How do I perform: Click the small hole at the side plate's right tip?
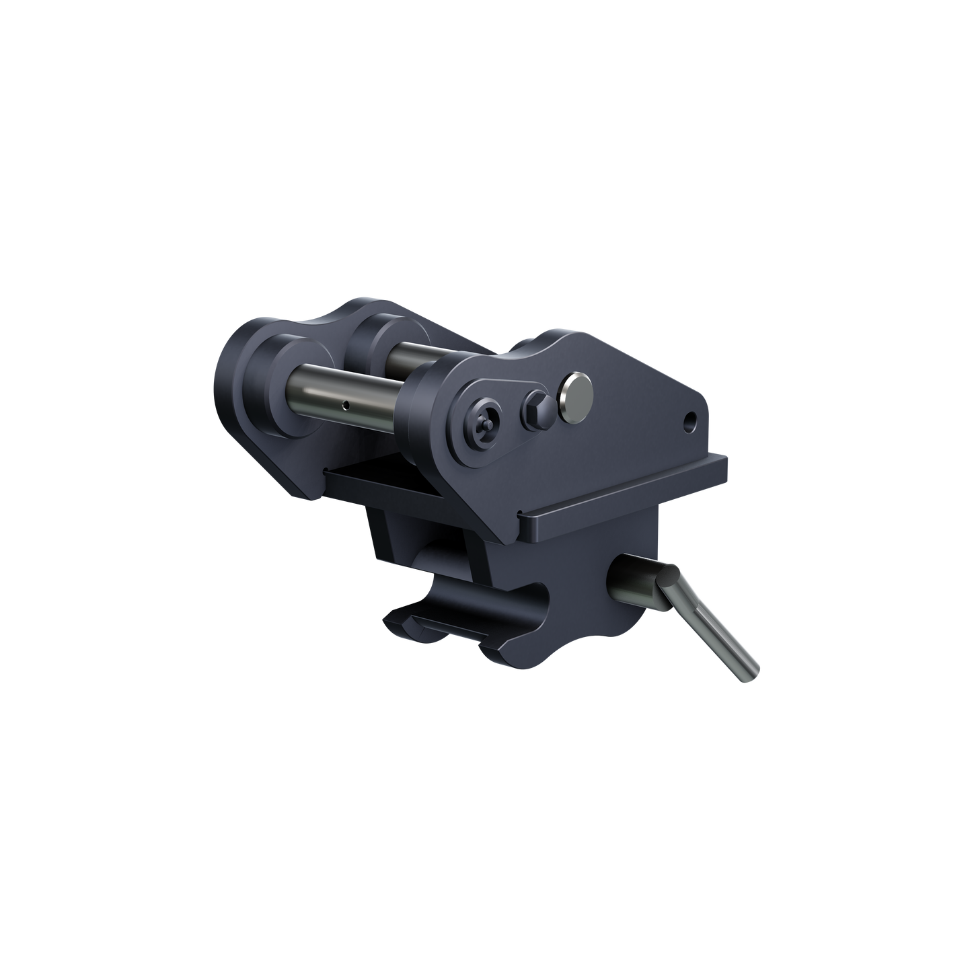(x=689, y=422)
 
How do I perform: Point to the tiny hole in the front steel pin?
(x=344, y=404)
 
